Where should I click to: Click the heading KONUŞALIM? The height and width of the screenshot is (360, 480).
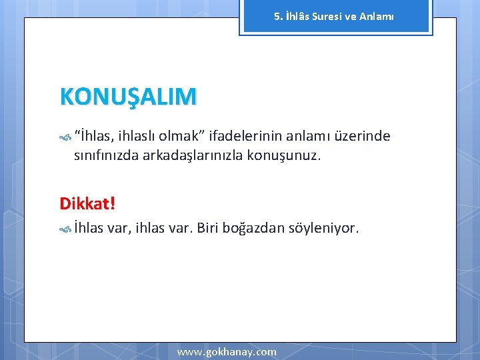[x=128, y=97]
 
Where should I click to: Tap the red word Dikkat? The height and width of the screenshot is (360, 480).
[x=87, y=202]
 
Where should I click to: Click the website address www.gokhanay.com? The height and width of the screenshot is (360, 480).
[x=227, y=351]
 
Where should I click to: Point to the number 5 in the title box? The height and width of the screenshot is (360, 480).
[x=277, y=16]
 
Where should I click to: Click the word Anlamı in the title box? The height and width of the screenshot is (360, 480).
[x=377, y=16]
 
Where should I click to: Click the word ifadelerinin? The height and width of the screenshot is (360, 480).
[x=245, y=137]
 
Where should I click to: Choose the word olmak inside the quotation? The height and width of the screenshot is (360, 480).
[x=181, y=137]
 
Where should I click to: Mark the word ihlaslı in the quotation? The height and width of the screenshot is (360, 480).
[x=138, y=137]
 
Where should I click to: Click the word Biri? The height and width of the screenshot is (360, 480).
[x=208, y=229]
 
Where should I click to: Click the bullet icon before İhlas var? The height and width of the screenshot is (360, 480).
[x=65, y=229]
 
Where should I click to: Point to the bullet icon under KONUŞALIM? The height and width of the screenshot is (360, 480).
[x=65, y=137]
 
